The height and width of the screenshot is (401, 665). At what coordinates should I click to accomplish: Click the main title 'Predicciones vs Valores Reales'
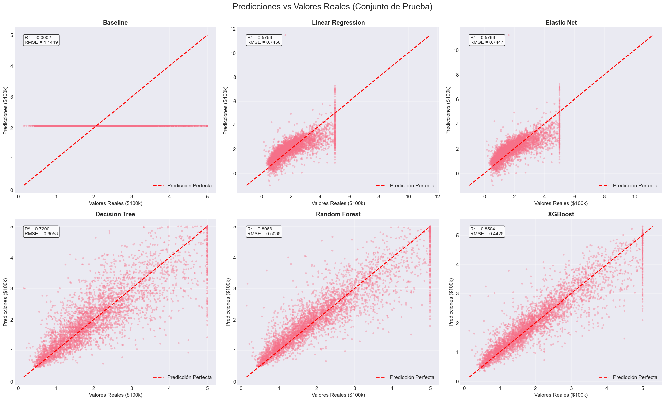[x=332, y=7]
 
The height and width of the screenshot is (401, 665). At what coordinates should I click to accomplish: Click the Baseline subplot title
[x=115, y=23]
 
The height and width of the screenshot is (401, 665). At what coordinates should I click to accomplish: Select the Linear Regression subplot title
[x=338, y=23]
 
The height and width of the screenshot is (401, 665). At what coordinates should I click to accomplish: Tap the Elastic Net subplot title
[x=561, y=23]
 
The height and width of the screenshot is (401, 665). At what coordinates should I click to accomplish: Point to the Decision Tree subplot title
[x=115, y=214]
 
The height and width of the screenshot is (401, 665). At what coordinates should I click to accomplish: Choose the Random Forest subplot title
[x=338, y=214]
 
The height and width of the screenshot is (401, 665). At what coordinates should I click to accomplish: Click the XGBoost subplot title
[x=561, y=214]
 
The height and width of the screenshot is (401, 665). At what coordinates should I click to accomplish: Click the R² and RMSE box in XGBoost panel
[x=487, y=231]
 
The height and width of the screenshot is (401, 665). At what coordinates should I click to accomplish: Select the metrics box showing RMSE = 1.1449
[x=41, y=40]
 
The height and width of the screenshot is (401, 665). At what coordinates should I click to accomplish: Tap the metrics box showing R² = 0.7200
[x=41, y=231]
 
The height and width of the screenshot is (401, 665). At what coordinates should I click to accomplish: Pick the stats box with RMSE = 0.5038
[x=264, y=231]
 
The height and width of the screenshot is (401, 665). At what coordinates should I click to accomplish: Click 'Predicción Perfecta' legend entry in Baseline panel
[x=182, y=186]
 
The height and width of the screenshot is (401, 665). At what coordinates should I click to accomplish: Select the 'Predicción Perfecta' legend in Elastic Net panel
[x=628, y=186]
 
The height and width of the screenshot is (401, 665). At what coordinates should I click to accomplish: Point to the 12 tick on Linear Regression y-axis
[x=233, y=29]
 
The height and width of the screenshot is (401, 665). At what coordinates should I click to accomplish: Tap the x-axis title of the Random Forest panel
[x=338, y=395]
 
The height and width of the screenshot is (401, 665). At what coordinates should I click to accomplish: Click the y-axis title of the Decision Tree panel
[x=5, y=300]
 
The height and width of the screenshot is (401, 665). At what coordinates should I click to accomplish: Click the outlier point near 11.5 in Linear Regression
[x=285, y=35]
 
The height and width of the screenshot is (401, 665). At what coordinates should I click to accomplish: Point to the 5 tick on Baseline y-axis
[x=12, y=35]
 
